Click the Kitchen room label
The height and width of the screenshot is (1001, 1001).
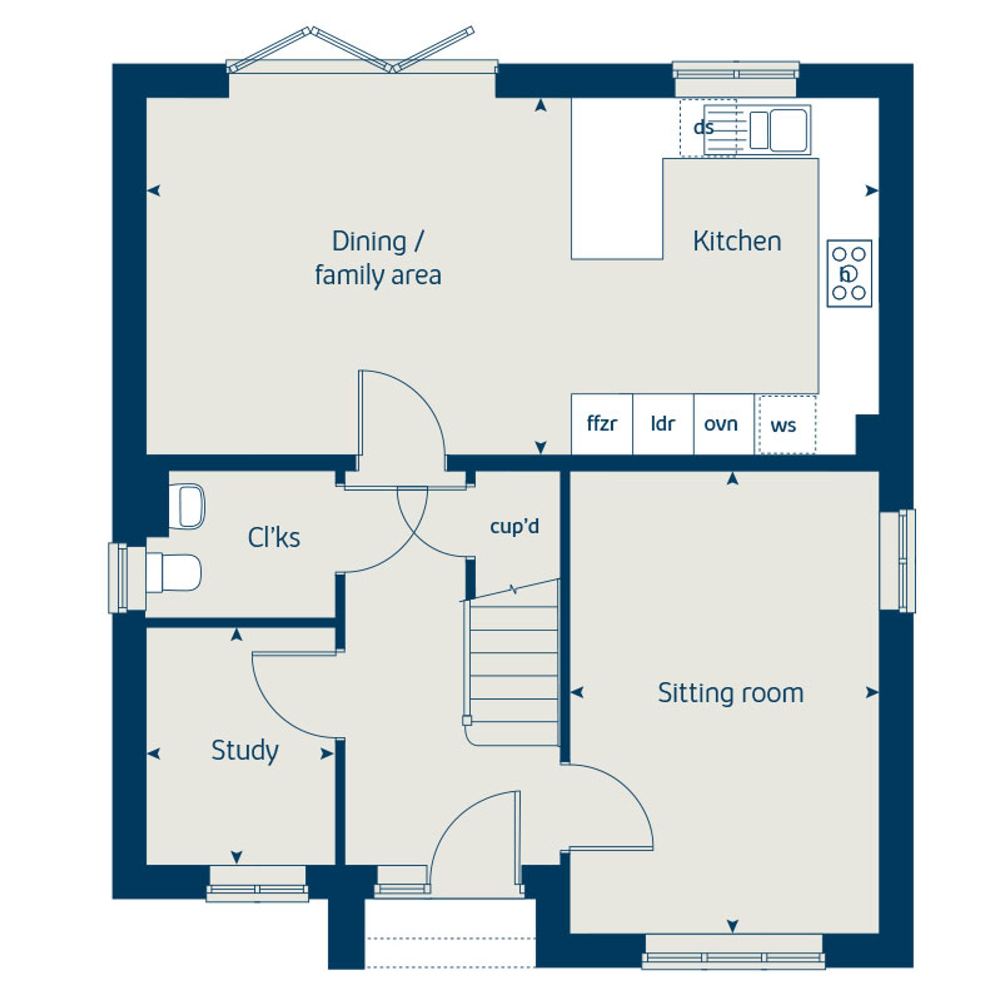click(737, 242)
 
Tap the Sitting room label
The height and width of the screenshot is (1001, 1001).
click(731, 693)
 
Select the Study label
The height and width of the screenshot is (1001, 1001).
click(245, 751)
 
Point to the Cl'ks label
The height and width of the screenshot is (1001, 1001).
click(273, 537)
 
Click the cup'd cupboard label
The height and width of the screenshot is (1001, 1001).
click(515, 527)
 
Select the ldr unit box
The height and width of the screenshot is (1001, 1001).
click(663, 424)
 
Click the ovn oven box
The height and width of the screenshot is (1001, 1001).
click(723, 424)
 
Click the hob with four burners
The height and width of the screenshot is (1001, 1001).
click(849, 273)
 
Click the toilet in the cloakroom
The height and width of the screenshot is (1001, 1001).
click(174, 573)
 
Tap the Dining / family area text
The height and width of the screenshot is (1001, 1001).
click(378, 258)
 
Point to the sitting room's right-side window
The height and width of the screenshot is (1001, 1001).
click(897, 561)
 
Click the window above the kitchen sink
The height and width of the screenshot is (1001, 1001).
click(736, 79)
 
